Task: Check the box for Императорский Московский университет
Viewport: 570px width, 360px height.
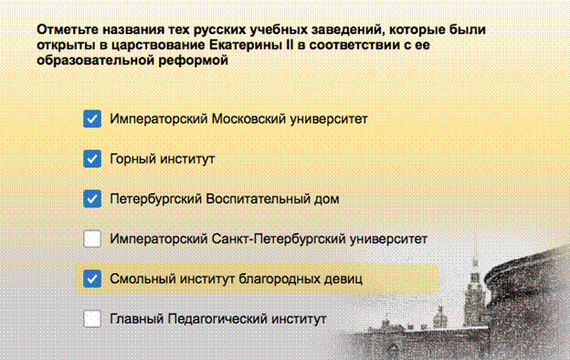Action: coord(92,119)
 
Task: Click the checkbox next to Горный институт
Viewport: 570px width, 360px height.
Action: coord(92,159)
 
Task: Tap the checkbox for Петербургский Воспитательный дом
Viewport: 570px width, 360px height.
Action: coord(92,198)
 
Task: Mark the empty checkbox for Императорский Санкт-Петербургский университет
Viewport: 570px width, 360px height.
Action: coord(92,238)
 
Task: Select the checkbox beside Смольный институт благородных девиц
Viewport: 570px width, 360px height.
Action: coord(92,279)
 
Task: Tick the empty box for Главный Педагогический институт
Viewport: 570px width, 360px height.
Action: coord(92,319)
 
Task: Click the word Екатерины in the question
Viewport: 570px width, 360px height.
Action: coord(244,45)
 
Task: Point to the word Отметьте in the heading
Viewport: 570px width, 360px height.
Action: coord(67,29)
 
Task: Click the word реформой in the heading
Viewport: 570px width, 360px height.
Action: coord(193,60)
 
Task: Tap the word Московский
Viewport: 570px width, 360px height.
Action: coord(248,119)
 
